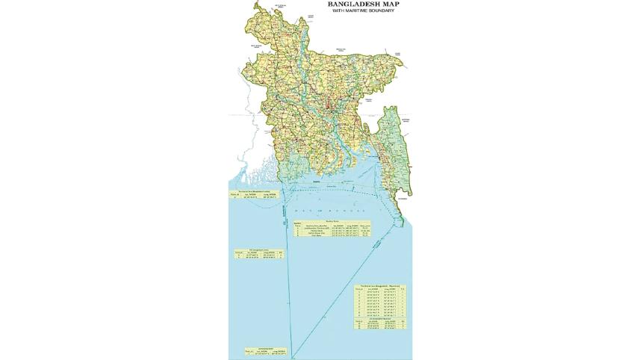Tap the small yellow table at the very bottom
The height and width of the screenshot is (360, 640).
tap(265, 350)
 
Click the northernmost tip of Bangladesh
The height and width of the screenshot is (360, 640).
tap(258, 3)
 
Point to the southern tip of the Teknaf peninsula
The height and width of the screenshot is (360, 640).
tap(402, 223)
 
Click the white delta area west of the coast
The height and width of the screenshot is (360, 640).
tap(246, 176)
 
